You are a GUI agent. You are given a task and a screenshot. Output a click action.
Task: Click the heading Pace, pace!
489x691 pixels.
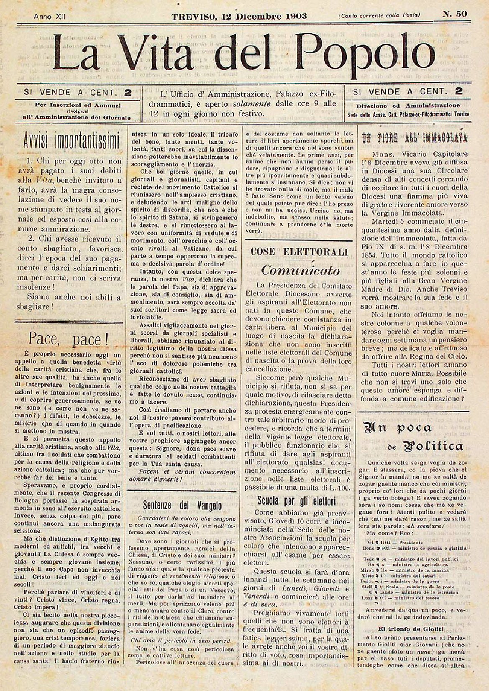coord(68,339)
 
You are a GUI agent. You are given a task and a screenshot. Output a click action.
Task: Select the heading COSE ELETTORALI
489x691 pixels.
coord(299,252)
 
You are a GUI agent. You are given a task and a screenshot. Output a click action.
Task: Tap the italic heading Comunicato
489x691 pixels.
coord(300,270)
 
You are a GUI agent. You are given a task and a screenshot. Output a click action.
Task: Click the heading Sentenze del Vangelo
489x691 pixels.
coord(182,506)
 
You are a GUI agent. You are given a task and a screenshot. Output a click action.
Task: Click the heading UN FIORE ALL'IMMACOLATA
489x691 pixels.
coord(414,138)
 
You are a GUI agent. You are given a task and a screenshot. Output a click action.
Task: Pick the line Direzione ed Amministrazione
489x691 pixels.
coord(408,106)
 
